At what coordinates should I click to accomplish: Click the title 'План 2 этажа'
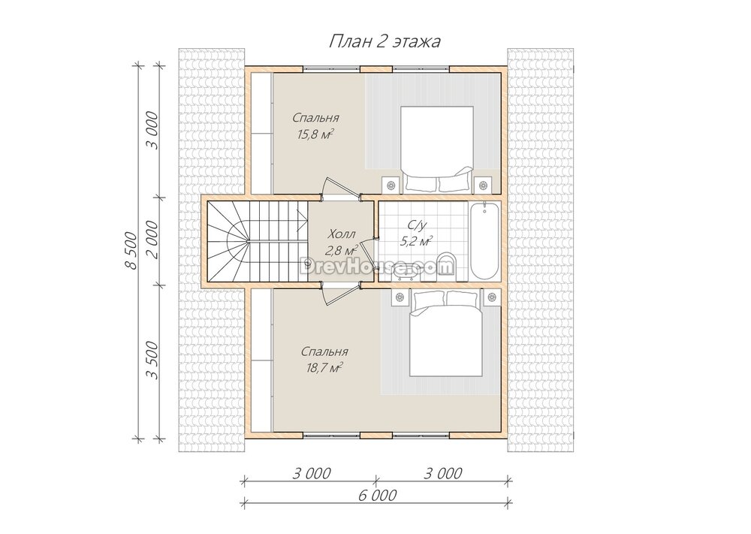pyautogui.click(x=385, y=41)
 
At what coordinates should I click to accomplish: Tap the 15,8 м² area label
pyautogui.click(x=315, y=134)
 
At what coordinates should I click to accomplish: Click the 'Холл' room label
pyautogui.click(x=342, y=234)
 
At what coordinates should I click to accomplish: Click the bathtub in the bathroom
pyautogui.click(x=484, y=240)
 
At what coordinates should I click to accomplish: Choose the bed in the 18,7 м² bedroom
pyautogui.click(x=445, y=333)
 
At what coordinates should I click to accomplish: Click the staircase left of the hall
pyautogui.click(x=257, y=241)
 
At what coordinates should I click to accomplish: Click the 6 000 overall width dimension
pyautogui.click(x=377, y=494)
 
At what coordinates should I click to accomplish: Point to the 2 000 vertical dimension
pyautogui.click(x=152, y=240)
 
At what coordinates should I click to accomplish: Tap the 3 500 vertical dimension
pyautogui.click(x=152, y=361)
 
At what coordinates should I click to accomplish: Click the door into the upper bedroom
pyautogui.click(x=340, y=187)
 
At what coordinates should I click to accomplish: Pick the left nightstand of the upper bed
pyautogui.click(x=391, y=184)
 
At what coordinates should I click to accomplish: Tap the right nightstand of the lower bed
pyautogui.click(x=492, y=297)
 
